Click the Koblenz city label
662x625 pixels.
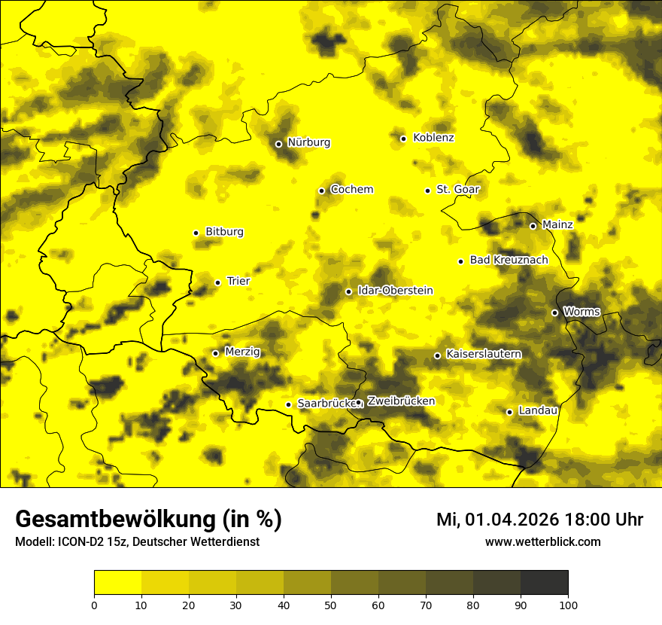click(x=433, y=138)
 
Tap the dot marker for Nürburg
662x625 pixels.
click(x=278, y=144)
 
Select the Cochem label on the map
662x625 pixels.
click(x=351, y=190)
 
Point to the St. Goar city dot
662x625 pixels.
click(x=427, y=191)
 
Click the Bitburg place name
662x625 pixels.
click(x=224, y=232)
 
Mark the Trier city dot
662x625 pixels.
click(x=217, y=282)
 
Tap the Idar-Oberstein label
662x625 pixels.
click(x=396, y=291)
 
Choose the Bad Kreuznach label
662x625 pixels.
click(x=509, y=261)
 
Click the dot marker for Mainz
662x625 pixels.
click(x=533, y=226)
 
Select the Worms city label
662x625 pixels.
click(x=582, y=312)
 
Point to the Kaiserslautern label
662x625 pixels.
click(x=484, y=354)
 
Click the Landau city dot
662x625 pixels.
click(x=509, y=412)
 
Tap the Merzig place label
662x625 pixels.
click(x=242, y=352)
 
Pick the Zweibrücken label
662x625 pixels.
click(x=401, y=401)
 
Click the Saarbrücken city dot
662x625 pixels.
click(x=288, y=404)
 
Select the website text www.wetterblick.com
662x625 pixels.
click(x=542, y=542)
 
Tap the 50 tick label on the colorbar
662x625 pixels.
click(x=331, y=604)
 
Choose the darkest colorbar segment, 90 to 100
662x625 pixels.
click(x=544, y=582)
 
